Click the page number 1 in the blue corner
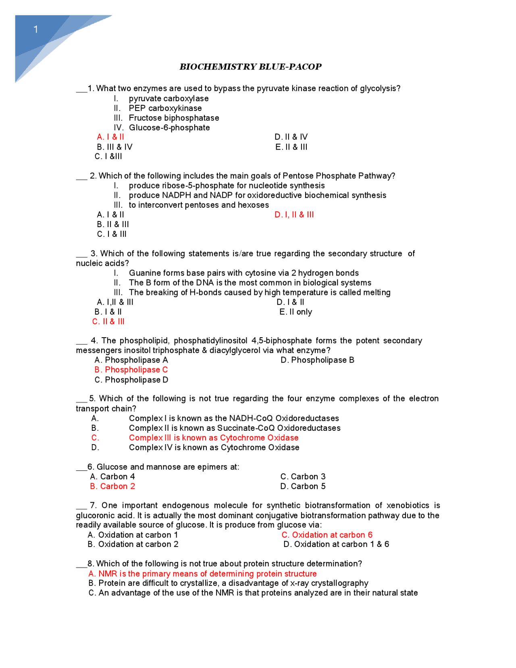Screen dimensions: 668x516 (x=36, y=29)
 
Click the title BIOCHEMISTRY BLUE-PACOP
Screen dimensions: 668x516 (x=250, y=67)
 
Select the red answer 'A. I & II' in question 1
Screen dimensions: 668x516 (x=110, y=137)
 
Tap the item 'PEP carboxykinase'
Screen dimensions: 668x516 (x=165, y=108)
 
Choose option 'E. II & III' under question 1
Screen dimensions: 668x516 (x=291, y=147)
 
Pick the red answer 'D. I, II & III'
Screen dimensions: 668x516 (x=294, y=215)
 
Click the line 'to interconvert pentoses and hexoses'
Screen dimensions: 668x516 (x=198, y=205)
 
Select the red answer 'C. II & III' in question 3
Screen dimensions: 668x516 (x=108, y=321)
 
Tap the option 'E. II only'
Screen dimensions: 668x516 (x=295, y=312)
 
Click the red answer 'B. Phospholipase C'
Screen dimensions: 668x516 (x=131, y=370)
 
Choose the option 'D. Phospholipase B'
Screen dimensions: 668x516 (x=317, y=360)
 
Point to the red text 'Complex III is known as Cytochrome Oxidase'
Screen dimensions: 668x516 (x=214, y=438)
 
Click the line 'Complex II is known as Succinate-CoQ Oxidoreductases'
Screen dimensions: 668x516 (x=235, y=428)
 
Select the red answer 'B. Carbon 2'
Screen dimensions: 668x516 (x=112, y=486)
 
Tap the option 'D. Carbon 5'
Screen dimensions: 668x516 (x=303, y=486)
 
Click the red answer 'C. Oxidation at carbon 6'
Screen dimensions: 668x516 (x=327, y=535)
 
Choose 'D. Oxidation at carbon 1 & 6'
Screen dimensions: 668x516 (x=336, y=545)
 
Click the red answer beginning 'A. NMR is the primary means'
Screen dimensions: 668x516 (x=202, y=574)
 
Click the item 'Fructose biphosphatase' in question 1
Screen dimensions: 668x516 (x=174, y=118)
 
